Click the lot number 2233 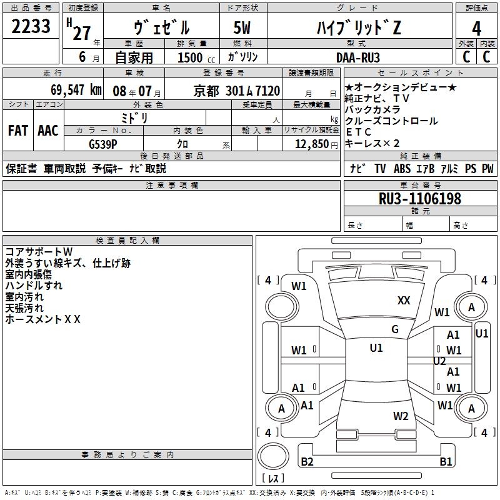[x=31, y=28]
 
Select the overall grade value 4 [x=476, y=29]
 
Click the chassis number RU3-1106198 [x=420, y=199]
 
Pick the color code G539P [x=103, y=143]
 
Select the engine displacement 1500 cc [x=194, y=57]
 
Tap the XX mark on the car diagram [x=404, y=301]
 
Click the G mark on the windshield [x=395, y=329]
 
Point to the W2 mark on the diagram [x=401, y=416]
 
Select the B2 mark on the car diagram [x=307, y=462]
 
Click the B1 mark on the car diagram [x=446, y=462]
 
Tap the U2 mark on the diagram [x=439, y=361]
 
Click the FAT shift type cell [x=17, y=130]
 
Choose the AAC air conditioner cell [x=47, y=130]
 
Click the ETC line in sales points [x=359, y=132]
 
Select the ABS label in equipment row [x=402, y=169]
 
